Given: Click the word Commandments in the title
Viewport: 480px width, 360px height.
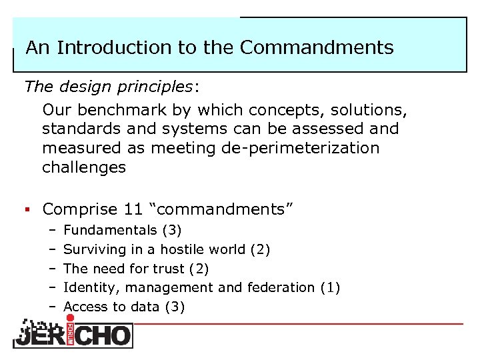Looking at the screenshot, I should pos(317,48).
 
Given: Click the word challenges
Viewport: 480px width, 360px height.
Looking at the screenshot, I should pos(83,167).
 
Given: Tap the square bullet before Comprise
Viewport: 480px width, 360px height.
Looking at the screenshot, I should pos(27,209).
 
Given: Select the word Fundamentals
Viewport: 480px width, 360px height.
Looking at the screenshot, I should pos(109,230).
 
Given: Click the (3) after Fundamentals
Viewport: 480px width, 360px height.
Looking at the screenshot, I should pos(171,230).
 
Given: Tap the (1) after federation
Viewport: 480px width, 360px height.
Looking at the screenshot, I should pos(330,287).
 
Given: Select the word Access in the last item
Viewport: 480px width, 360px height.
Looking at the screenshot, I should pos(85,307).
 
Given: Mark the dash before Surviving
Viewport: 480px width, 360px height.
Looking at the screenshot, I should pos(51,249).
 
